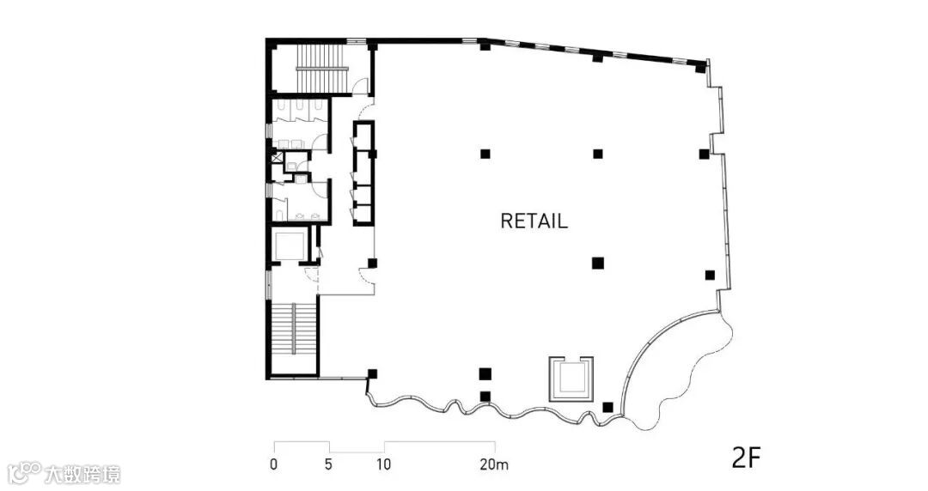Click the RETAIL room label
click(534, 221)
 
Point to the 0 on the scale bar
click(273, 465)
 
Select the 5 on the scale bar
click(329, 465)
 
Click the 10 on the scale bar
click(383, 465)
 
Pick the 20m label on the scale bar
click(495, 465)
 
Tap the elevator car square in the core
click(288, 245)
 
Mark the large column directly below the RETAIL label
click(598, 263)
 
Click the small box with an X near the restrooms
click(275, 157)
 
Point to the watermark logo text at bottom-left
click(64, 474)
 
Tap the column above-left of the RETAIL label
click(485, 154)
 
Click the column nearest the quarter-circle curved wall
click(608, 407)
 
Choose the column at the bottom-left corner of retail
click(372, 373)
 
